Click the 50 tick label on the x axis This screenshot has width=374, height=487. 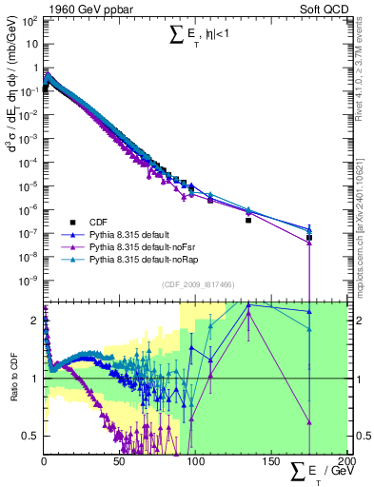[x=119, y=461]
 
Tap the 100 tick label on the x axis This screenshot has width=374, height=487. [x=195, y=461]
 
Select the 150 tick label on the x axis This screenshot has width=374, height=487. [x=270, y=461]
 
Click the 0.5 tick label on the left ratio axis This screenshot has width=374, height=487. [x=30, y=436]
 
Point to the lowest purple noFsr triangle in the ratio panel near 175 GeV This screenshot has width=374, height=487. [x=309, y=422]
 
